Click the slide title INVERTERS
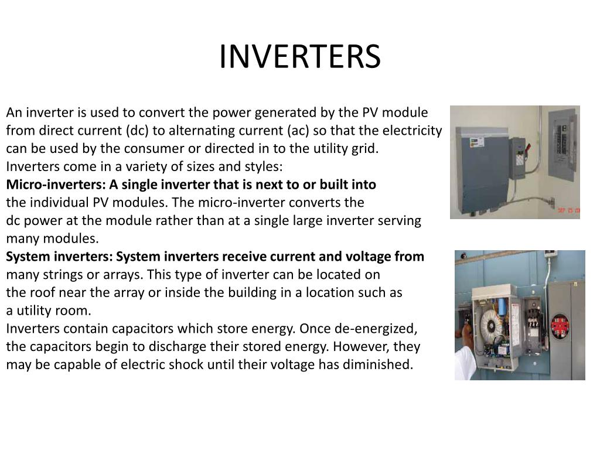pos(300,57)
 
